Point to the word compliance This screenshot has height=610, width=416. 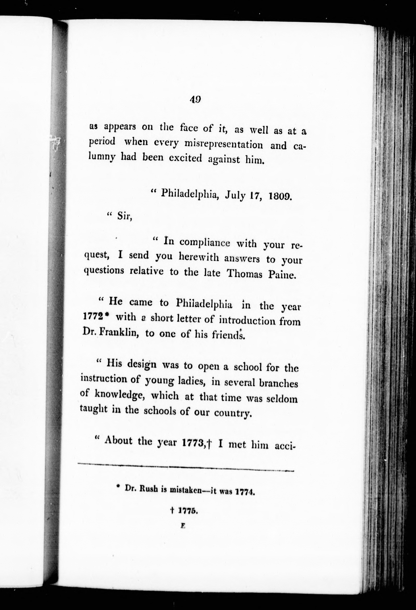pos(205,243)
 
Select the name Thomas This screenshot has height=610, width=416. pos(244,274)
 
